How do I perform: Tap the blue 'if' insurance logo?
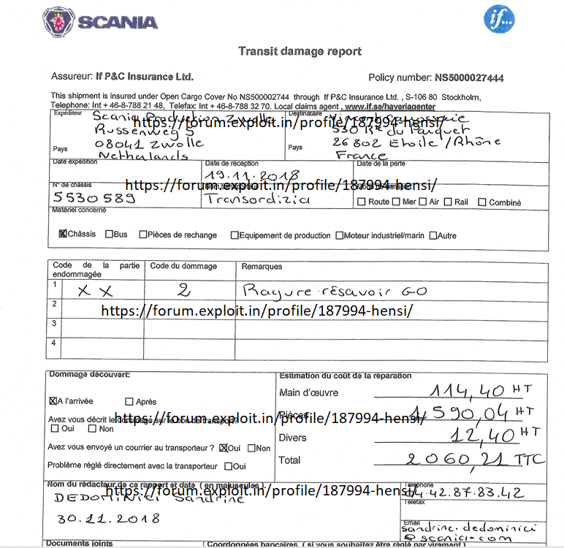click(498, 19)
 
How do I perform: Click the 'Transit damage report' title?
click(300, 51)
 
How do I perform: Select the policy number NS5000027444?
click(468, 78)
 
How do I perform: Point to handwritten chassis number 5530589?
click(93, 198)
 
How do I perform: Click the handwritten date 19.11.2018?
click(252, 176)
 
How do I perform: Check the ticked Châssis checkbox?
click(62, 235)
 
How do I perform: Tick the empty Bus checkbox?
click(109, 235)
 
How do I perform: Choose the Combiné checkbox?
click(482, 202)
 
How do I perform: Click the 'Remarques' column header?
click(262, 267)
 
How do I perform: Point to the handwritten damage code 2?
click(184, 291)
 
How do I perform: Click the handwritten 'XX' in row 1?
click(97, 291)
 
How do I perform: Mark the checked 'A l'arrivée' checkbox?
click(53, 401)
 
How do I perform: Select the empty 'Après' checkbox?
click(129, 401)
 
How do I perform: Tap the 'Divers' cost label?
click(292, 438)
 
